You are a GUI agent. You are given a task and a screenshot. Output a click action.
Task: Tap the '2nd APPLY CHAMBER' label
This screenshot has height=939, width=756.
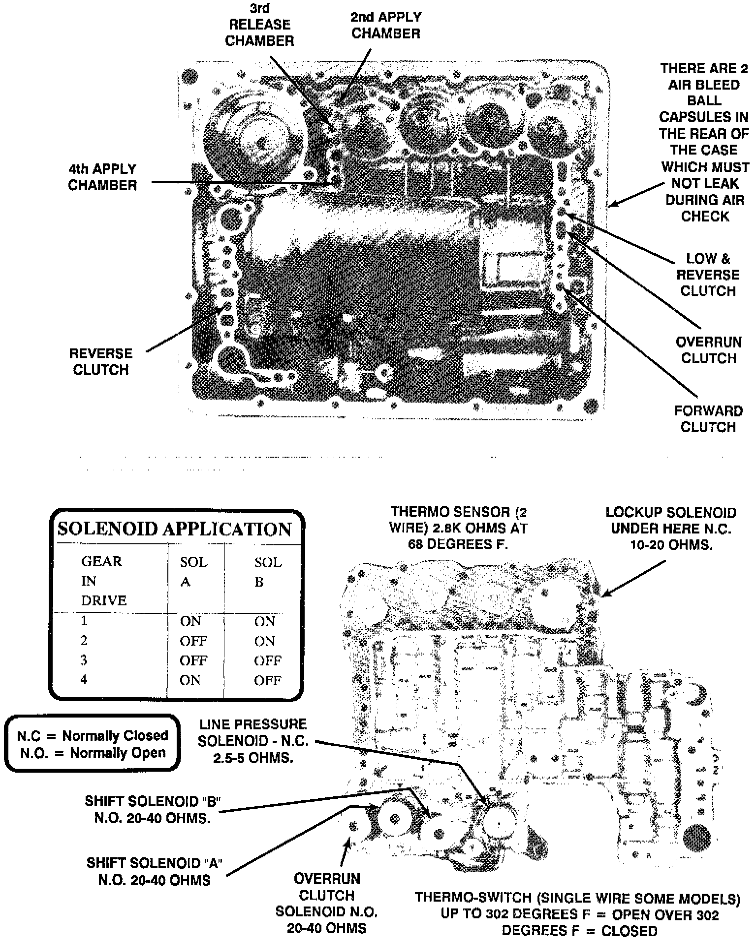click(386, 25)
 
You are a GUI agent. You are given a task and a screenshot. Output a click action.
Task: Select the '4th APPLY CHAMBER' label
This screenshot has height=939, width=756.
click(102, 177)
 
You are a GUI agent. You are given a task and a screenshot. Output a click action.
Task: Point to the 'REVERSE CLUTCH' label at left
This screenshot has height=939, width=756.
click(101, 362)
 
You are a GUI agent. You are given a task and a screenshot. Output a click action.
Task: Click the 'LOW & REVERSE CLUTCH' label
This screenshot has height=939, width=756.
click(708, 275)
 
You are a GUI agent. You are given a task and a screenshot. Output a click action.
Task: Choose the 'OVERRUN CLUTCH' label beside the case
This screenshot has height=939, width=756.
click(708, 350)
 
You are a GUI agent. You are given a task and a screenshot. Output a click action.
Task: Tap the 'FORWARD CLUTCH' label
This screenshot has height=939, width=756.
click(708, 419)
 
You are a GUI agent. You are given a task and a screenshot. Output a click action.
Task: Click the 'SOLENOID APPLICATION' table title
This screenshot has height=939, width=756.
click(175, 529)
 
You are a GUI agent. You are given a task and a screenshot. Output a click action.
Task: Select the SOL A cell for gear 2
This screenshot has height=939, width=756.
click(193, 641)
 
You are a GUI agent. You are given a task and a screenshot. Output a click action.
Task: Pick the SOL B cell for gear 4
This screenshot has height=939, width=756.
click(267, 681)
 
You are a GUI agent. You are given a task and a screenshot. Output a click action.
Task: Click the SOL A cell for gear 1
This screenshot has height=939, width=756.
click(190, 621)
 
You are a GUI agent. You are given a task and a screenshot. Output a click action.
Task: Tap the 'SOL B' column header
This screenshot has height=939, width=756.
click(268, 572)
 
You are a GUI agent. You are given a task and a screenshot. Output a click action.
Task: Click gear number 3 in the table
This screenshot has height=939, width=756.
click(84, 660)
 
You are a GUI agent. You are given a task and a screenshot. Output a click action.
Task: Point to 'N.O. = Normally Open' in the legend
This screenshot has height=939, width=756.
click(93, 752)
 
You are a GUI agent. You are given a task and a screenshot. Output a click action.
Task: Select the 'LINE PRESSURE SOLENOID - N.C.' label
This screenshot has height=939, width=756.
click(252, 740)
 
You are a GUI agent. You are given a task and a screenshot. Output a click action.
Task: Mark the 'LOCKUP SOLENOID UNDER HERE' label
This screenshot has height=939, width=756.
click(671, 529)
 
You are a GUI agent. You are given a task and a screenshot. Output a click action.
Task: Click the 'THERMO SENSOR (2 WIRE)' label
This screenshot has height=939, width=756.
click(458, 529)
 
